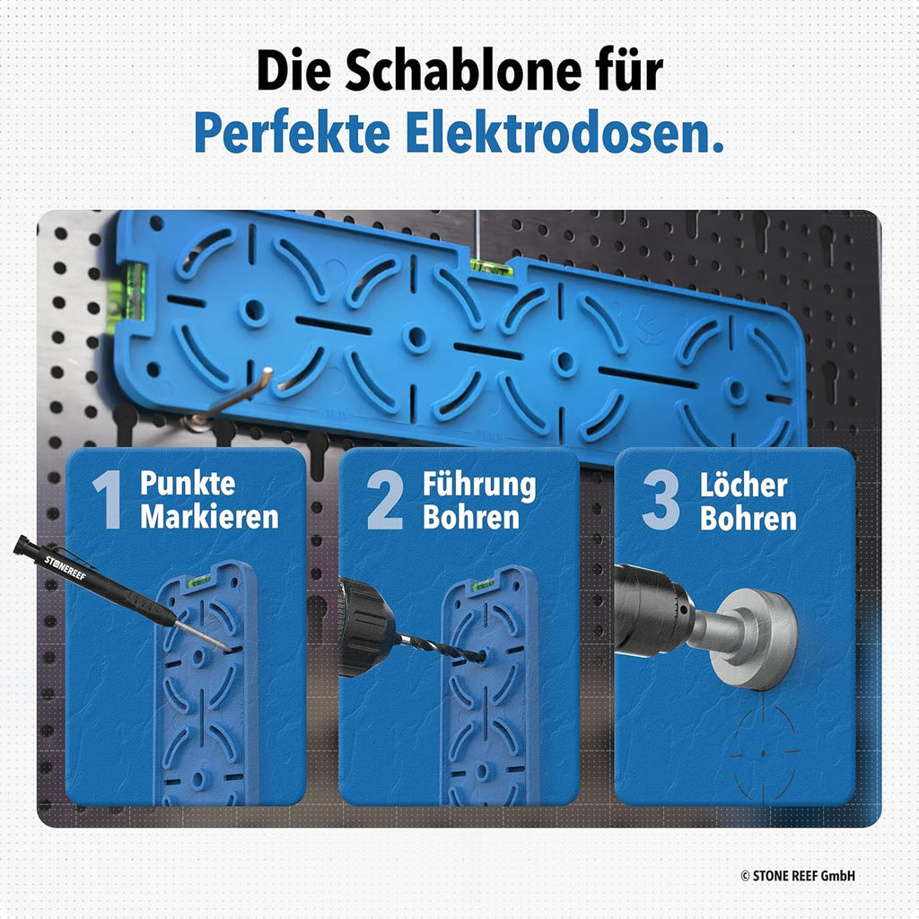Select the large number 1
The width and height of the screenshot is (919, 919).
pyautogui.click(x=108, y=499)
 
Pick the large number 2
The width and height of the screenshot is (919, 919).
pyautogui.click(x=385, y=499)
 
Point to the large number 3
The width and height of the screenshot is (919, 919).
pyautogui.click(x=661, y=500)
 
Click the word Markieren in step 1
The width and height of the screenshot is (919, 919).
pyautogui.click(x=209, y=517)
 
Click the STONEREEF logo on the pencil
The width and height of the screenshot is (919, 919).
pyautogui.click(x=65, y=567)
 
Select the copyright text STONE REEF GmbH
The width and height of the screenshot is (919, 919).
pyautogui.click(x=798, y=876)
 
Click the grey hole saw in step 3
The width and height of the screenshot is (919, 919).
pyautogui.click(x=753, y=639)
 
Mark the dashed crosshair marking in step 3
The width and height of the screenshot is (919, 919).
pyautogui.click(x=763, y=753)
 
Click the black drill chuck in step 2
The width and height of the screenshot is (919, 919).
pyautogui.click(x=366, y=626)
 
